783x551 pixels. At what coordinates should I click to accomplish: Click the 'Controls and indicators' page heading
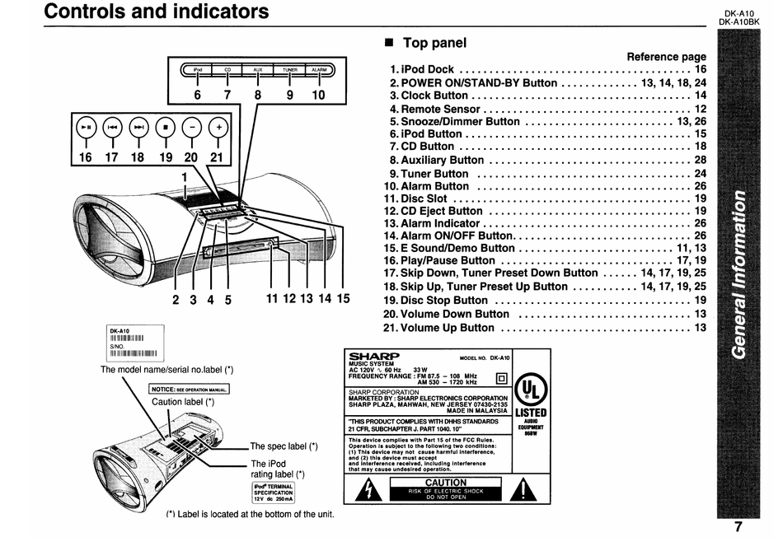click(x=157, y=12)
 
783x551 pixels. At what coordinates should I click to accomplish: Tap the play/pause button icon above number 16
click(x=87, y=128)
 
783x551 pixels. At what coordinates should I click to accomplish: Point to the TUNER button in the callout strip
click(x=289, y=70)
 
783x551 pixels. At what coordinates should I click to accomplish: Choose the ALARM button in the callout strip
click(x=319, y=70)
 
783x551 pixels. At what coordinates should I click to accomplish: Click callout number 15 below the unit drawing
click(x=342, y=299)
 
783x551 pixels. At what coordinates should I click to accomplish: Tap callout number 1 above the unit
click(x=185, y=176)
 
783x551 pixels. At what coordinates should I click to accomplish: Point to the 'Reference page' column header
click(x=666, y=57)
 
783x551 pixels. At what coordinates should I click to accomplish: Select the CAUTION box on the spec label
click(x=445, y=488)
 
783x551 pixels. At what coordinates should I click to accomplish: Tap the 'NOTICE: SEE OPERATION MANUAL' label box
click(x=190, y=390)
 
